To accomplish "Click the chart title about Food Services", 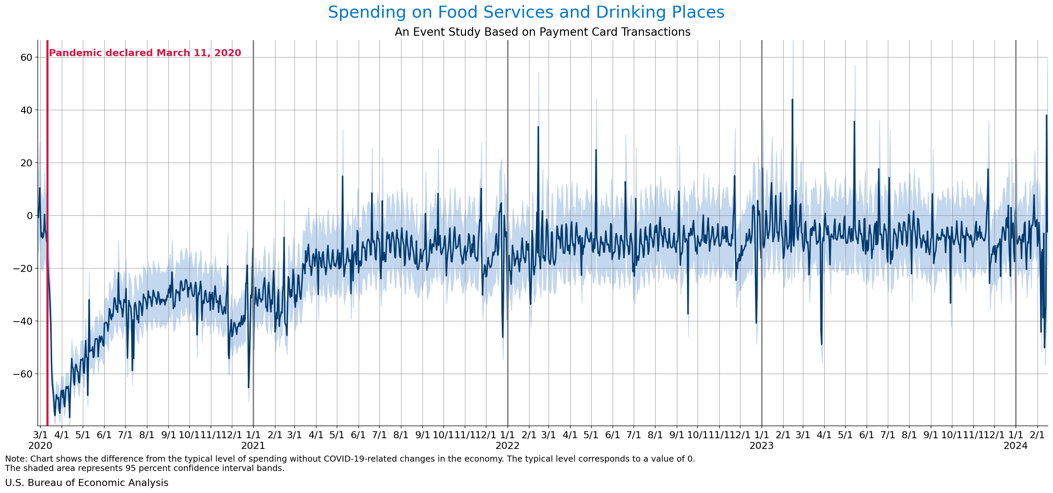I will pos(526,12).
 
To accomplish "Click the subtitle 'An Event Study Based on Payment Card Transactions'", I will pos(543,32).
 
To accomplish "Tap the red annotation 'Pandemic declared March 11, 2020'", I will pos(145,53).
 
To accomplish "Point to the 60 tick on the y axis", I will pos(26,57).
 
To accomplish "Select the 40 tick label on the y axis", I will pos(26,110).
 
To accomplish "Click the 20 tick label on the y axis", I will pos(26,163).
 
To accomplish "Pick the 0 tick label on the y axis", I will pos(29,216).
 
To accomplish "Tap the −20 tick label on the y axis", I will pos(23,268).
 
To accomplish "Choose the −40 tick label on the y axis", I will pos(23,321).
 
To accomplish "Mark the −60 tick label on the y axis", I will pos(23,374).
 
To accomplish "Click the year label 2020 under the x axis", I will pos(40,446).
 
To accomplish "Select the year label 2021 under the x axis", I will pos(253,446).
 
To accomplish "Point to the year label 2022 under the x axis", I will pos(507,446).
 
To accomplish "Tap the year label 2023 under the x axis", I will pos(762,446).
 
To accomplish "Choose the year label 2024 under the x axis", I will pos(1016,446).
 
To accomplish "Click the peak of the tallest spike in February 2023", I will pos(792,99).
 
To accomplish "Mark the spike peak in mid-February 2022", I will pos(538,127).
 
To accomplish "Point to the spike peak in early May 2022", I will pos(596,150).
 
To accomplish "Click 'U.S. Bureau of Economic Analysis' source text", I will pos(87,483).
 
